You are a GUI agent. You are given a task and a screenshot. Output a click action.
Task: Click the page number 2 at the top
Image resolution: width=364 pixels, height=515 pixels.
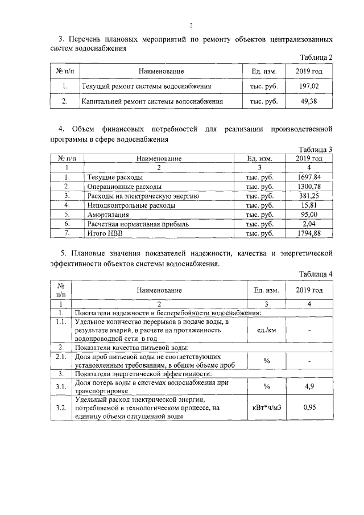click(192, 25)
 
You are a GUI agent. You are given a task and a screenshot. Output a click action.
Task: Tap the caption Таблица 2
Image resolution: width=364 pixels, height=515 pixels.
click(315, 57)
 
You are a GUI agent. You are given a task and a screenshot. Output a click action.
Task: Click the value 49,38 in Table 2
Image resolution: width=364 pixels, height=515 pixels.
click(309, 101)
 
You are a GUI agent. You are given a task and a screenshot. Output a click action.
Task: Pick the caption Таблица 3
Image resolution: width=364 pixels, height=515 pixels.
click(315, 149)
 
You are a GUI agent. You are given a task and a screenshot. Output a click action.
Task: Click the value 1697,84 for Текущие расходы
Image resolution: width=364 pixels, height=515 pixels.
click(309, 177)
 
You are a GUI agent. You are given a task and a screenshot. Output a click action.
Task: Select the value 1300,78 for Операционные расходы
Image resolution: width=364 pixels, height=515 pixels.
click(309, 186)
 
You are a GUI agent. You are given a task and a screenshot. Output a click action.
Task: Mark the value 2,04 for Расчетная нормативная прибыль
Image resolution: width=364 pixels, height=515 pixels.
click(309, 224)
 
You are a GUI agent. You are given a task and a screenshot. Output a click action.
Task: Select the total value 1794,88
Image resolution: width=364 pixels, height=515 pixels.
click(309, 233)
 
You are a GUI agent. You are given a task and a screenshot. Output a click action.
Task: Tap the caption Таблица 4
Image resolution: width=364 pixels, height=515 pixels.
click(315, 274)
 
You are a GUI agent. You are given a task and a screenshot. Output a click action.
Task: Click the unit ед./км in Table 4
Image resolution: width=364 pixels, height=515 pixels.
click(267, 329)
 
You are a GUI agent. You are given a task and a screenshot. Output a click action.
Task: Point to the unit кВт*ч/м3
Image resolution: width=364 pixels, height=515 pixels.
click(267, 407)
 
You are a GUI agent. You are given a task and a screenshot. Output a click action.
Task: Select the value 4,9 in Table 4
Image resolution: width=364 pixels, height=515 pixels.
click(309, 387)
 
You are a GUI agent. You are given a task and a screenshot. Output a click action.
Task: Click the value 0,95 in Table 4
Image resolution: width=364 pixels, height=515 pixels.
click(309, 407)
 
